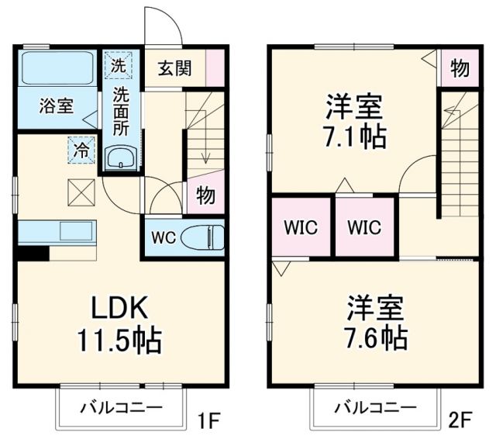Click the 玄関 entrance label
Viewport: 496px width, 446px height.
(177, 67)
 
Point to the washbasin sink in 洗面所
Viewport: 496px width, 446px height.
(122, 159)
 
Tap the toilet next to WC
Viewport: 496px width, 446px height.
(201, 237)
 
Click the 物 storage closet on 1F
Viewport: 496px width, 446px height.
(205, 194)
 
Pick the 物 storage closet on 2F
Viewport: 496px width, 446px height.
(460, 68)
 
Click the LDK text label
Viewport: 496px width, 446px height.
(121, 307)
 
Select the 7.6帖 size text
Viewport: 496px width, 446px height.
(377, 337)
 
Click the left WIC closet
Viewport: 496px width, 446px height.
(300, 227)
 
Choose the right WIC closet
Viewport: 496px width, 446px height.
(364, 227)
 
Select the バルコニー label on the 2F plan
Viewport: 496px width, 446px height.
(375, 407)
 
